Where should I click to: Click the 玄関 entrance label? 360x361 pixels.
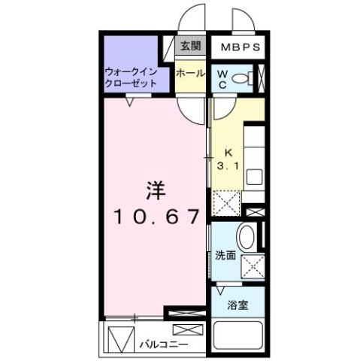click(x=191, y=46)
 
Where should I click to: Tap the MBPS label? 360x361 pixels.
click(x=241, y=47)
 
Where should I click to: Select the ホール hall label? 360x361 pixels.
click(x=190, y=74)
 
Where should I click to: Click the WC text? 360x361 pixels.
click(x=222, y=80)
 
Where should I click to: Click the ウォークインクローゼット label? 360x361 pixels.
click(x=131, y=77)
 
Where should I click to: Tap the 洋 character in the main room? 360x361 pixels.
click(x=156, y=191)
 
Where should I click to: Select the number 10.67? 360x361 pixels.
click(x=156, y=217)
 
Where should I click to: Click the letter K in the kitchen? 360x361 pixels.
click(x=228, y=153)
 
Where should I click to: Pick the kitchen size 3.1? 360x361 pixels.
click(x=228, y=166)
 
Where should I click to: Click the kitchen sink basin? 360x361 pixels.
click(x=254, y=177)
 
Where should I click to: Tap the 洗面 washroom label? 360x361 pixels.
click(x=225, y=256)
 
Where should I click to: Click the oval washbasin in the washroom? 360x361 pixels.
click(x=247, y=237)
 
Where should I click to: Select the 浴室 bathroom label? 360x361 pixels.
click(x=237, y=305)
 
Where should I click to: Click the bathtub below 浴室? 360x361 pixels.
click(x=237, y=336)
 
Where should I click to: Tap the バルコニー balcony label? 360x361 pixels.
click(x=163, y=344)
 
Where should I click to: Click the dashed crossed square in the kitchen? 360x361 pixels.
click(x=226, y=203)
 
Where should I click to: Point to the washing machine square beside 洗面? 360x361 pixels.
click(x=253, y=266)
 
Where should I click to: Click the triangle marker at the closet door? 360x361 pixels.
click(x=129, y=102)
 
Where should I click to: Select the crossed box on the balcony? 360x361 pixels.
click(x=188, y=329)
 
